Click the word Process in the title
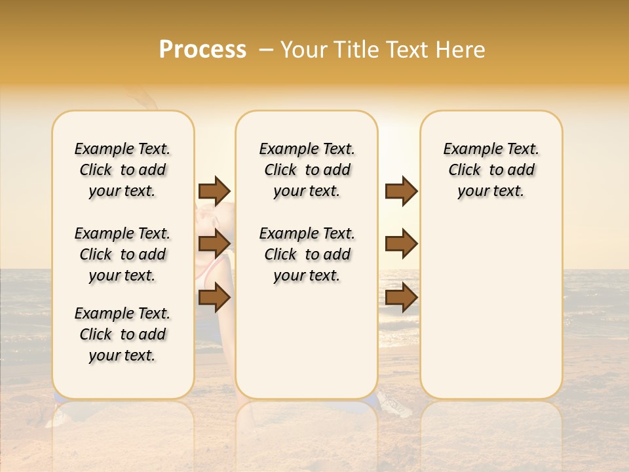tap(202, 50)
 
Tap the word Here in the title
tap(461, 50)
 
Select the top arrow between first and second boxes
tap(214, 191)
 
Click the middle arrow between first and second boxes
tap(214, 244)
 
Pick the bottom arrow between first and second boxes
tap(214, 298)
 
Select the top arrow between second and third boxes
tap(401, 191)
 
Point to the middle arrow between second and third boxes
tap(401, 244)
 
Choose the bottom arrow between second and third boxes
tap(401, 298)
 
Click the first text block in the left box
tap(123, 170)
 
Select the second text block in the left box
tap(123, 254)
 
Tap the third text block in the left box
tap(123, 334)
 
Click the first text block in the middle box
tap(307, 170)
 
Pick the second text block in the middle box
tap(307, 254)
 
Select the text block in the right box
tap(491, 170)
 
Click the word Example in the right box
tap(468, 149)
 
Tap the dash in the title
tap(266, 50)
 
